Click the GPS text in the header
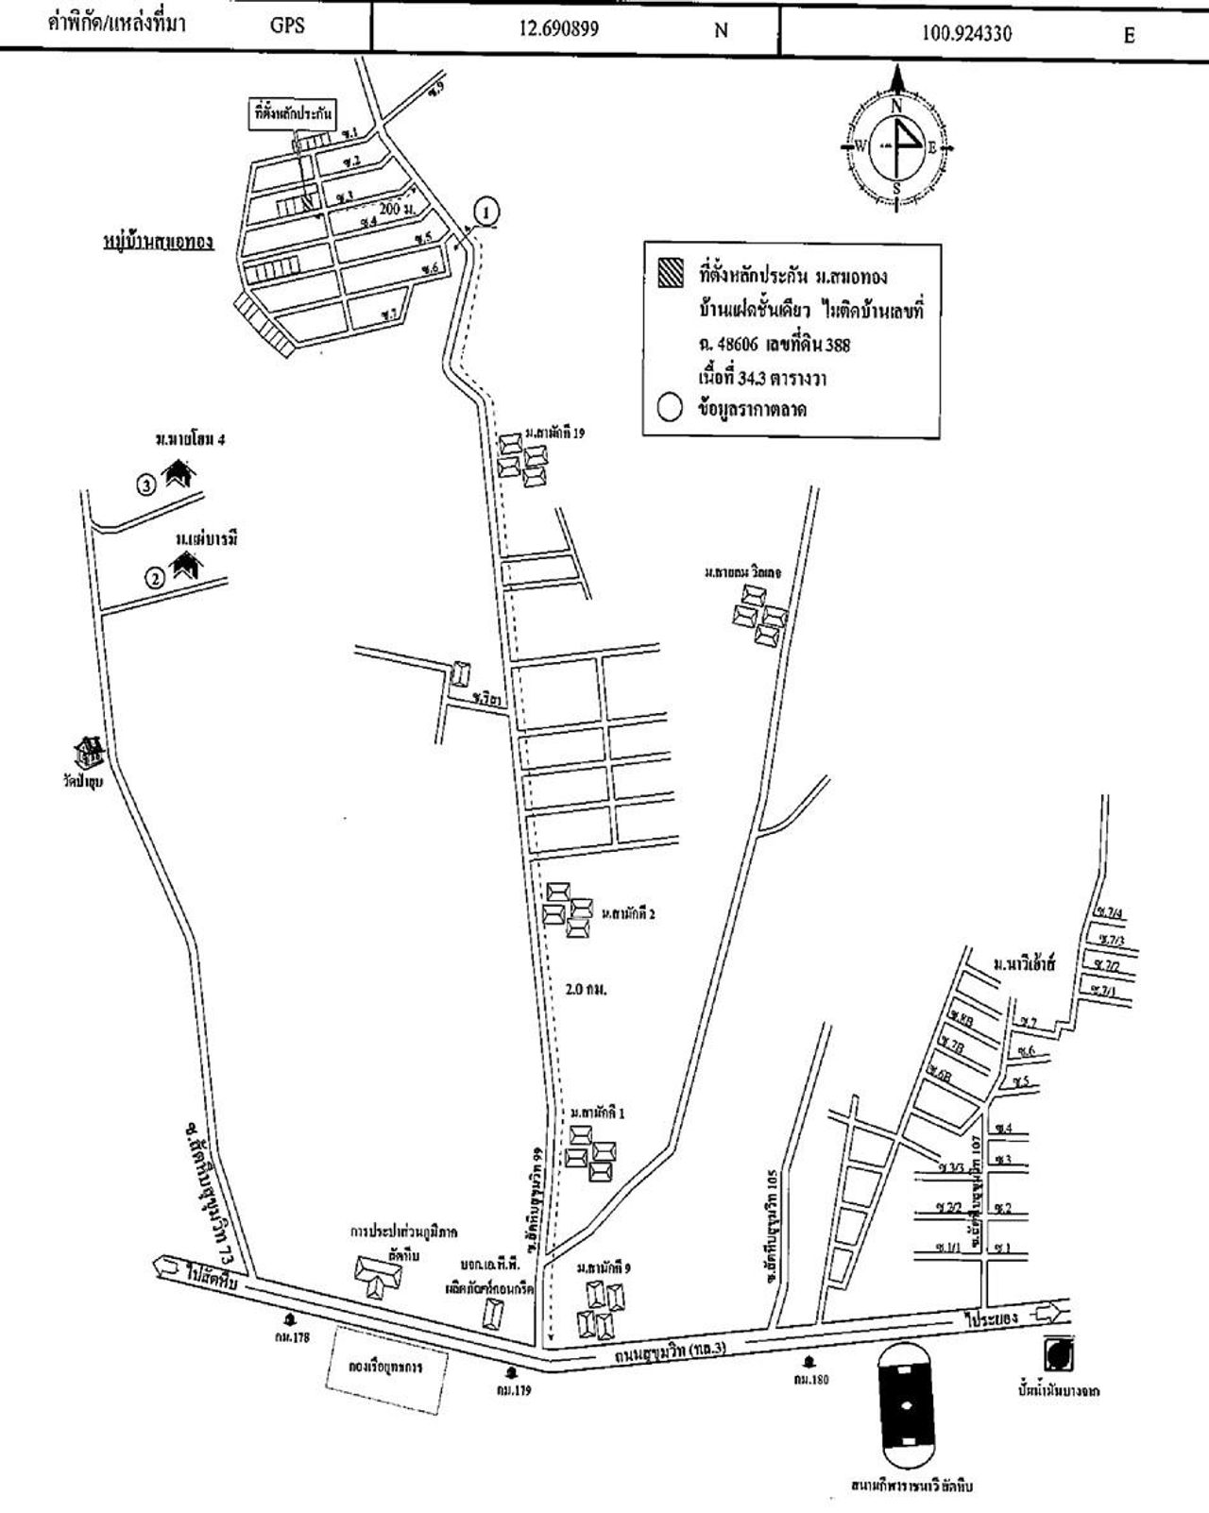[x=287, y=26]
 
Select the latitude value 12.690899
[x=558, y=28]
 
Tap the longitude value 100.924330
[x=966, y=33]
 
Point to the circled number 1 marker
[x=485, y=212]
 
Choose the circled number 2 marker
[x=153, y=575]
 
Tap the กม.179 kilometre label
[x=511, y=1389]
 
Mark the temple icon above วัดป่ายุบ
[x=91, y=753]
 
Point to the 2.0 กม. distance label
[x=585, y=990]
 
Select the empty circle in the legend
[x=670, y=408]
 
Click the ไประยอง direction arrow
[x=1051, y=1313]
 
